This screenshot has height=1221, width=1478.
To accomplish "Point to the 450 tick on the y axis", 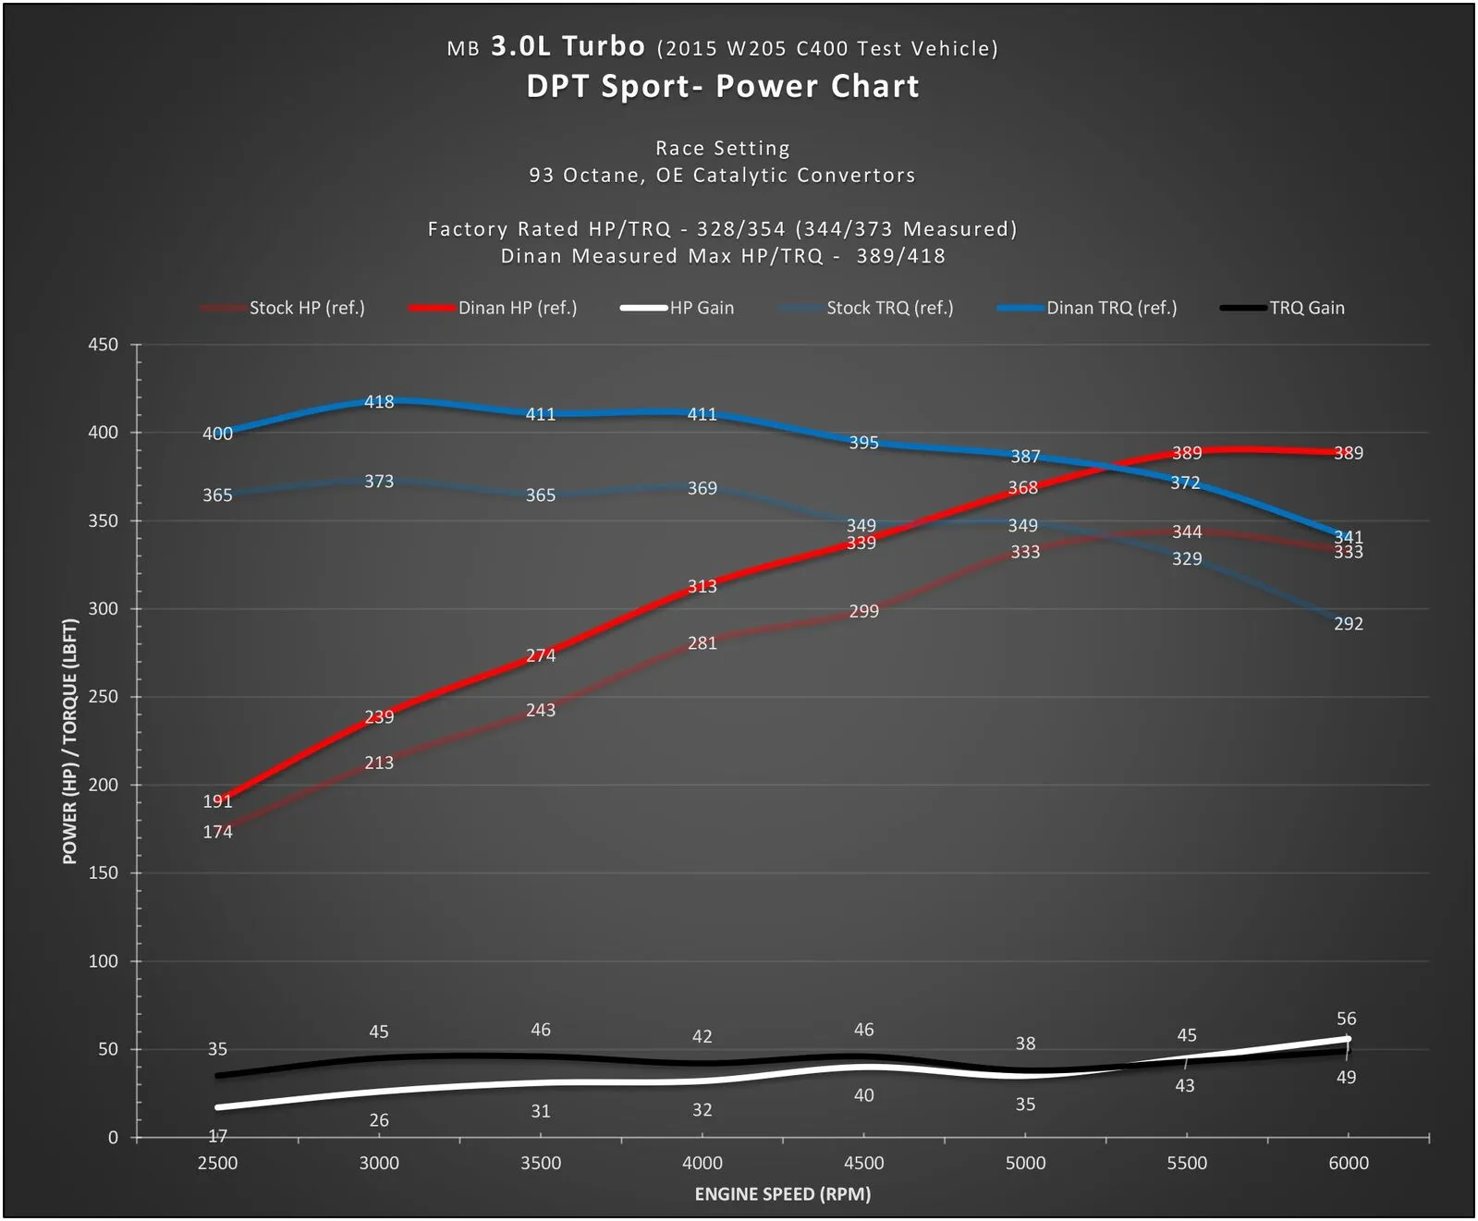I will [104, 345].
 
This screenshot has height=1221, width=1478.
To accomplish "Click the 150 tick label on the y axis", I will [104, 873].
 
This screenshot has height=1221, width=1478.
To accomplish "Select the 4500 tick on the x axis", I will [863, 1163].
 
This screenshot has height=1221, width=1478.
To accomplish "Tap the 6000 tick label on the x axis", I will [1348, 1163].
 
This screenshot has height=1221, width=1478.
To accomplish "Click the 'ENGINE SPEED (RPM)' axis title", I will [782, 1194].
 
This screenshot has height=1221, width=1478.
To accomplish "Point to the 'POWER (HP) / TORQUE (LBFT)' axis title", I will [70, 741].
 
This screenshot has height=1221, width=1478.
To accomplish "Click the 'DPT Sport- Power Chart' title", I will [723, 86].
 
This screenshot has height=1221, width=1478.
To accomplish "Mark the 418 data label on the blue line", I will [379, 402].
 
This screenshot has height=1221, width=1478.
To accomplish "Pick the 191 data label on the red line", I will [217, 801].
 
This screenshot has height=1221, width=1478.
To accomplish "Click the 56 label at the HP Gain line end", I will [1346, 1019].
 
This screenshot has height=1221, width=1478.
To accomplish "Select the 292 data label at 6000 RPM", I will [1348, 624].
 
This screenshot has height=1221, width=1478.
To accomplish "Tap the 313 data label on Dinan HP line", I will [702, 587].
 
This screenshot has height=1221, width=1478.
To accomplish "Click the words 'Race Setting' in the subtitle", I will [723, 148].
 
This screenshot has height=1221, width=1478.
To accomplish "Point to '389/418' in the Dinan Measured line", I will [900, 256].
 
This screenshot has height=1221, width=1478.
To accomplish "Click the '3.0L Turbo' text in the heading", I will [568, 46].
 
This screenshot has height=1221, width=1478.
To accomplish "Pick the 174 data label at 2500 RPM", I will [217, 832].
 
